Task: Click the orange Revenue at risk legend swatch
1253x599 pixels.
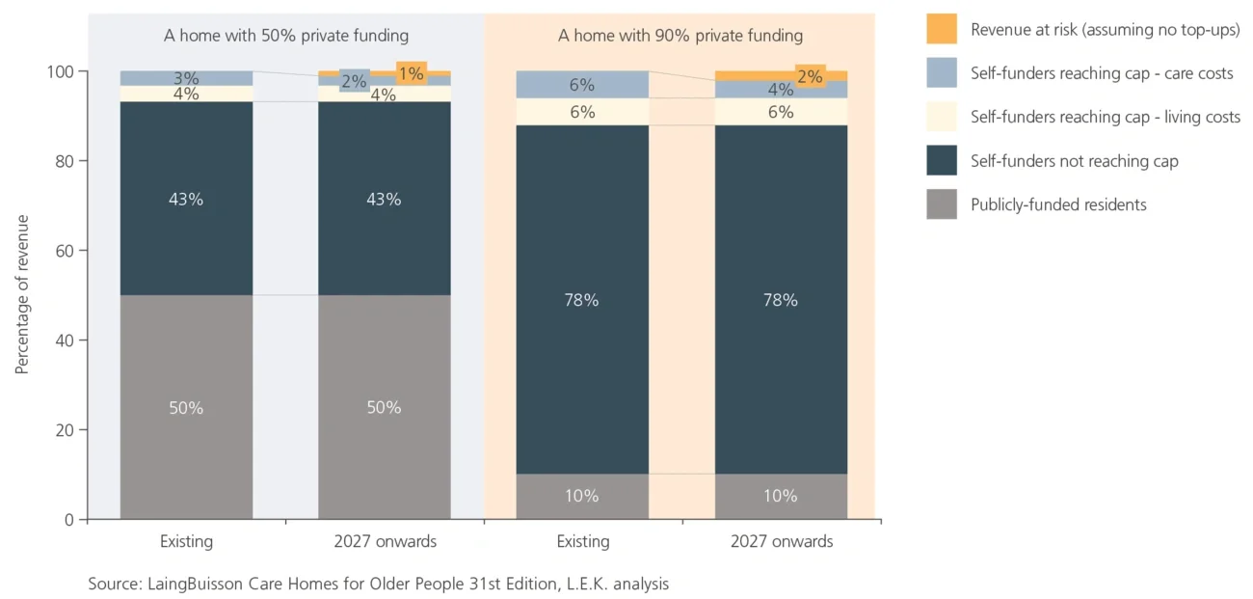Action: pos(942,29)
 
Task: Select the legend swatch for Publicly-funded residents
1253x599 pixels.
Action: pos(942,204)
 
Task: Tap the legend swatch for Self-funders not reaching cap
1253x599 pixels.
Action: pos(942,161)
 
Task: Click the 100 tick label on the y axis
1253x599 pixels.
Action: pos(58,72)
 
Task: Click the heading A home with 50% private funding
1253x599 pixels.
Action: pos(285,36)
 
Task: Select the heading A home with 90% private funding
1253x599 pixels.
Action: pos(680,36)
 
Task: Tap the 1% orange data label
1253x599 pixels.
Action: pos(411,74)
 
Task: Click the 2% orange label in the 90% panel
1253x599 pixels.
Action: pos(809,76)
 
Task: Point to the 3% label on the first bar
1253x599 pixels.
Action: pos(186,78)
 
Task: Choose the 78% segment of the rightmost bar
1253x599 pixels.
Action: pos(781,300)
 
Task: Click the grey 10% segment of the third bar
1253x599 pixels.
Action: pos(582,496)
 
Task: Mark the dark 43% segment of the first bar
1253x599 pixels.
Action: pos(186,199)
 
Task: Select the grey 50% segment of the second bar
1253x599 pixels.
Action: pos(384,407)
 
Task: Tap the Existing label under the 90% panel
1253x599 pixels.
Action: pos(582,541)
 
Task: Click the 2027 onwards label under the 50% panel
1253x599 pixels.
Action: pos(384,541)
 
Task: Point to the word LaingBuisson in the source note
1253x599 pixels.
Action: pos(190,584)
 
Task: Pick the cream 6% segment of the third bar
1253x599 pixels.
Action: pos(582,112)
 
